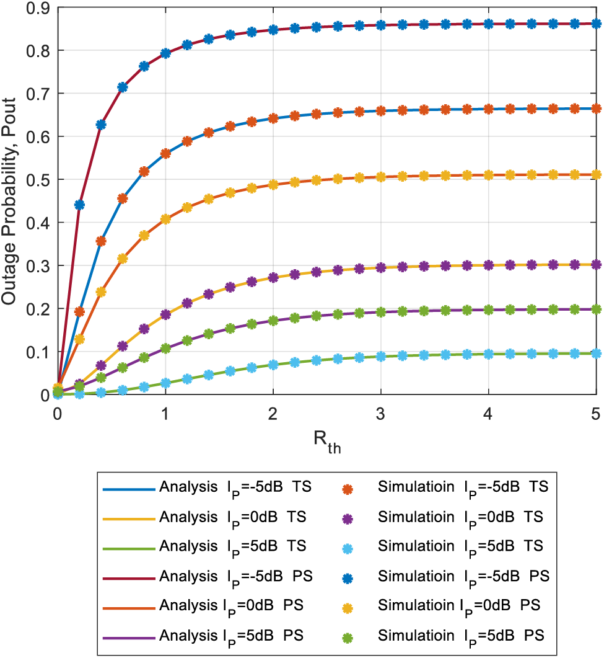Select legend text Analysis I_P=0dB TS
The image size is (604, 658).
pyautogui.click(x=233, y=517)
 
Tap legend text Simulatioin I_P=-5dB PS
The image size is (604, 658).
pyautogui.click(x=463, y=576)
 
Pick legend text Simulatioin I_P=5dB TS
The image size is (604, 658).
pyautogui.click(x=460, y=546)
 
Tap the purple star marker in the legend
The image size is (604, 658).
pyautogui.click(x=348, y=517)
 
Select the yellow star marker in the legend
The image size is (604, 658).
pyautogui.click(x=348, y=605)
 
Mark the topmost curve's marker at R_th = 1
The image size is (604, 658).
pyautogui.click(x=165, y=53)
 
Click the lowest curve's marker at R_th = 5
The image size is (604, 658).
pyautogui.click(x=596, y=353)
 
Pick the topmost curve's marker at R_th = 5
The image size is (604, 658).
pyautogui.click(x=596, y=24)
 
